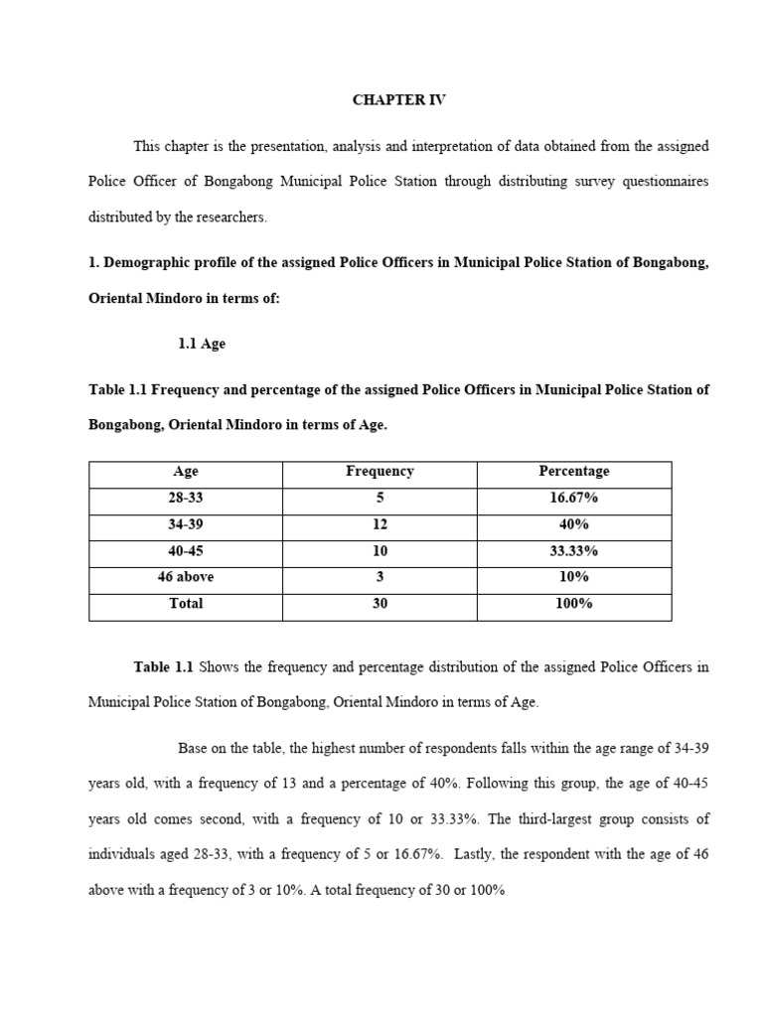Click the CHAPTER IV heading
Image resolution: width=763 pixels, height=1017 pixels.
point(399,100)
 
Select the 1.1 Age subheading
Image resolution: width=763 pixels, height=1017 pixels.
point(202,344)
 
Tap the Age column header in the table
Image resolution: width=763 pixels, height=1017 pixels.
point(186,472)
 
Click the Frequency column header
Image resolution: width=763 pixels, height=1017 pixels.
point(380,472)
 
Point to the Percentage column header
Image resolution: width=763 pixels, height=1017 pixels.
point(573,472)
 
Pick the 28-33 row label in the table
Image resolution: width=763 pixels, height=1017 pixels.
point(186,498)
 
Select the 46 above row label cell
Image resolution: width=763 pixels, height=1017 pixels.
point(186,577)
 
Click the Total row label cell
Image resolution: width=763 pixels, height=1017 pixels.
point(186,604)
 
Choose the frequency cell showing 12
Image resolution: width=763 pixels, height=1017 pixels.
point(380,524)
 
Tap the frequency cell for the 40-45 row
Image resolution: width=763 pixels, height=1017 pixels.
point(380,551)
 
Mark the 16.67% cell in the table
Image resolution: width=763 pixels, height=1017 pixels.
point(573,498)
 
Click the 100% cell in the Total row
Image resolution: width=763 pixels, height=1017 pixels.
point(573,604)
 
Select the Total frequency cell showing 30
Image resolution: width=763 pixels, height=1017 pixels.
point(380,604)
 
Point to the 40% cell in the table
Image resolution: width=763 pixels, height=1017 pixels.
point(573,524)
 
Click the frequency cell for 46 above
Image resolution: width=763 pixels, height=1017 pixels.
point(380,577)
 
